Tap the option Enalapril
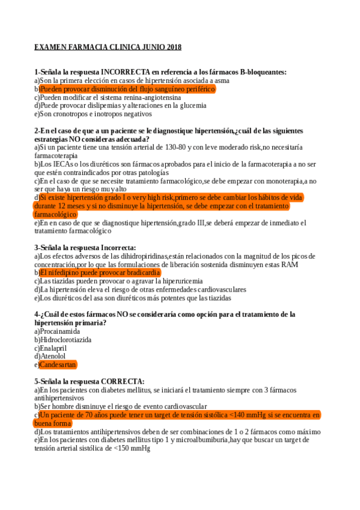[x=56, y=348]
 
